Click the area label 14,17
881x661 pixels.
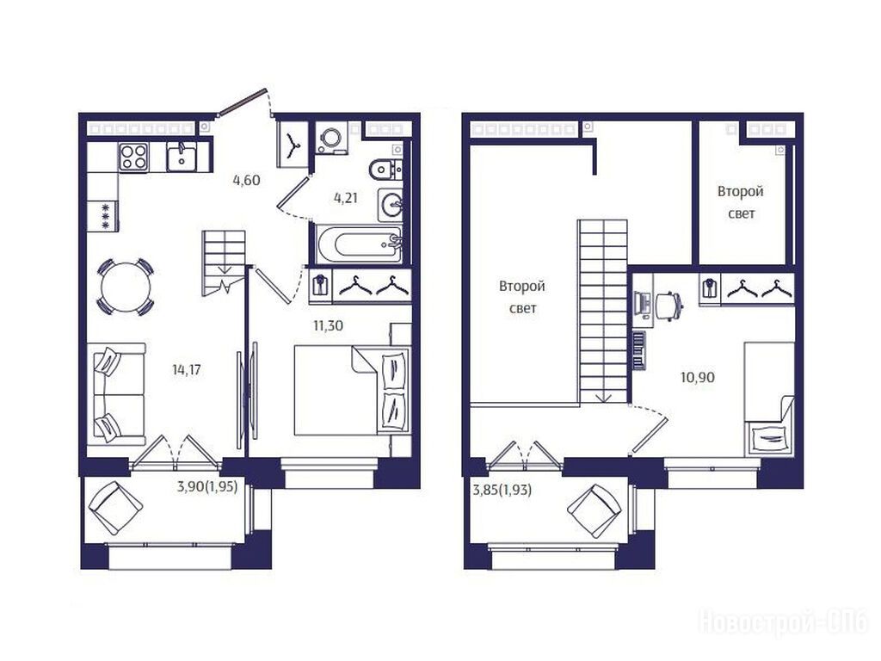[x=187, y=370]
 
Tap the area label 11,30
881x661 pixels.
[x=328, y=325]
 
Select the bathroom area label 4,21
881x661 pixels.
[x=346, y=198]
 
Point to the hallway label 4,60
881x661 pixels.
[x=247, y=181]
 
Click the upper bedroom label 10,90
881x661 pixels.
[x=698, y=377]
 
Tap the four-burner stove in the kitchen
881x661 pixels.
[x=133, y=157]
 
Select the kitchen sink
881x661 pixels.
[x=182, y=156]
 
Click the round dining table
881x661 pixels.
[x=126, y=287]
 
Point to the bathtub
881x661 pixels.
[x=360, y=244]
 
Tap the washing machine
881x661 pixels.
[x=329, y=138]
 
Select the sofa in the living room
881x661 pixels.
[x=116, y=393]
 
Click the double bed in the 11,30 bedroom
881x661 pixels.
[x=352, y=390]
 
